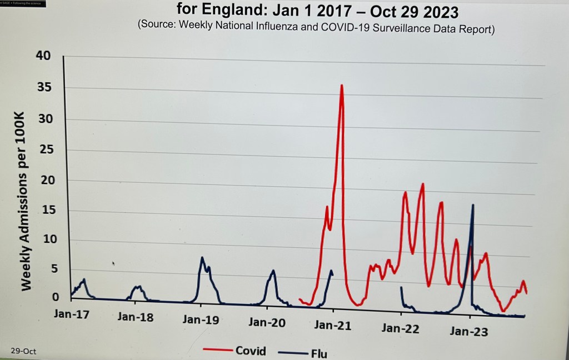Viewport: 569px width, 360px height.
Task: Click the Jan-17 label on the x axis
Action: (72, 314)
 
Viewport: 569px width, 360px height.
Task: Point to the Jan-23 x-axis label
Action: (468, 332)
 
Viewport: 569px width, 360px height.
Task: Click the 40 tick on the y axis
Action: (43, 55)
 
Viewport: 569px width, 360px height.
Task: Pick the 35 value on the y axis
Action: (43, 87)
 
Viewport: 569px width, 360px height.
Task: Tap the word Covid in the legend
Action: (251, 351)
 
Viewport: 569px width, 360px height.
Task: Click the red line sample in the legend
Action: (217, 349)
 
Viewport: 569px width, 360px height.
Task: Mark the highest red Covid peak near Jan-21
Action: (342, 86)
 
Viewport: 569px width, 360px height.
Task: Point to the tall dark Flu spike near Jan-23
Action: (473, 205)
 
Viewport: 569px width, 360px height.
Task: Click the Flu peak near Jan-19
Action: (202, 258)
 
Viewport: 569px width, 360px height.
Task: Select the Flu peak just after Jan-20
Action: (273, 271)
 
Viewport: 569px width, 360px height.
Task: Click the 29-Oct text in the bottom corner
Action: (23, 351)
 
